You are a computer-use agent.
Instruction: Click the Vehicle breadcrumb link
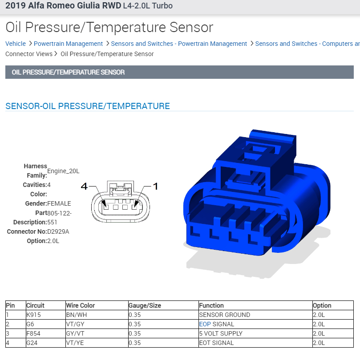coord(16,44)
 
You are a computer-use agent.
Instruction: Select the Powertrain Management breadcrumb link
coord(68,44)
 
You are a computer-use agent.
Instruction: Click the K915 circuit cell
coord(34,315)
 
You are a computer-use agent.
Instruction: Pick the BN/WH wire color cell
coord(77,315)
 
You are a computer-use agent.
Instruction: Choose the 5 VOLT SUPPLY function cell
coord(221,333)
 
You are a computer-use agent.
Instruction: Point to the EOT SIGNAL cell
coord(216,343)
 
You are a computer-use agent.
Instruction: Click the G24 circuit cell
coord(32,343)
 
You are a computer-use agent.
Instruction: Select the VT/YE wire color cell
coord(76,343)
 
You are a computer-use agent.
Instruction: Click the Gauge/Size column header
coord(145,305)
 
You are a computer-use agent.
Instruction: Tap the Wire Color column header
coord(81,305)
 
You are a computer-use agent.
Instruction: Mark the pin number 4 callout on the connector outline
coord(84,187)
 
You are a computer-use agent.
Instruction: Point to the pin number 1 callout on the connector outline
coord(155,187)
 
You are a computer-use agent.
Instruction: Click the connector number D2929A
coord(58,231)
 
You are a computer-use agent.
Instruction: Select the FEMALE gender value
coord(59,203)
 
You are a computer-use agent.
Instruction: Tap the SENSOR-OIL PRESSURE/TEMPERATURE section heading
coord(88,106)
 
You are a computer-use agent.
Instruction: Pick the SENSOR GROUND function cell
coord(224,315)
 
